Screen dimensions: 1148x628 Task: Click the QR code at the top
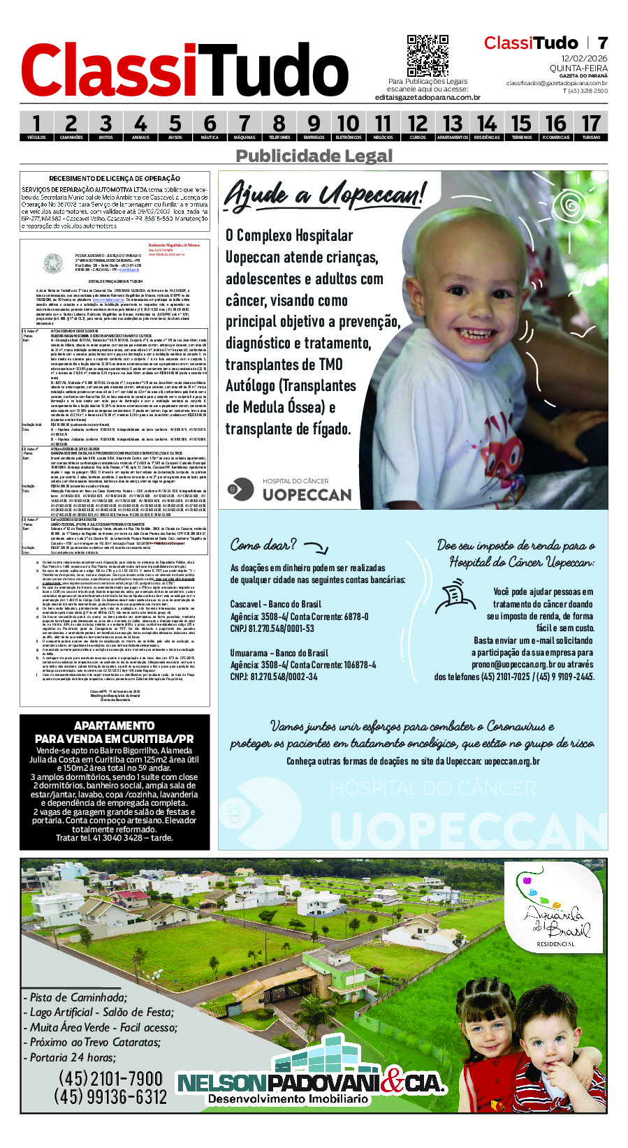(428, 55)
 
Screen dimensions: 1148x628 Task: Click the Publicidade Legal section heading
(314, 156)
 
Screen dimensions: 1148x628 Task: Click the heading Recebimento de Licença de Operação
(115, 179)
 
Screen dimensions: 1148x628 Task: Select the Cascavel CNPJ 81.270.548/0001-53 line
(272, 628)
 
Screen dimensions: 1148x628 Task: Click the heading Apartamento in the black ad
(115, 726)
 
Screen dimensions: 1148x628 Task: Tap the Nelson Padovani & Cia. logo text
(311, 1083)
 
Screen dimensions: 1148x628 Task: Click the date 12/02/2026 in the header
(584, 58)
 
